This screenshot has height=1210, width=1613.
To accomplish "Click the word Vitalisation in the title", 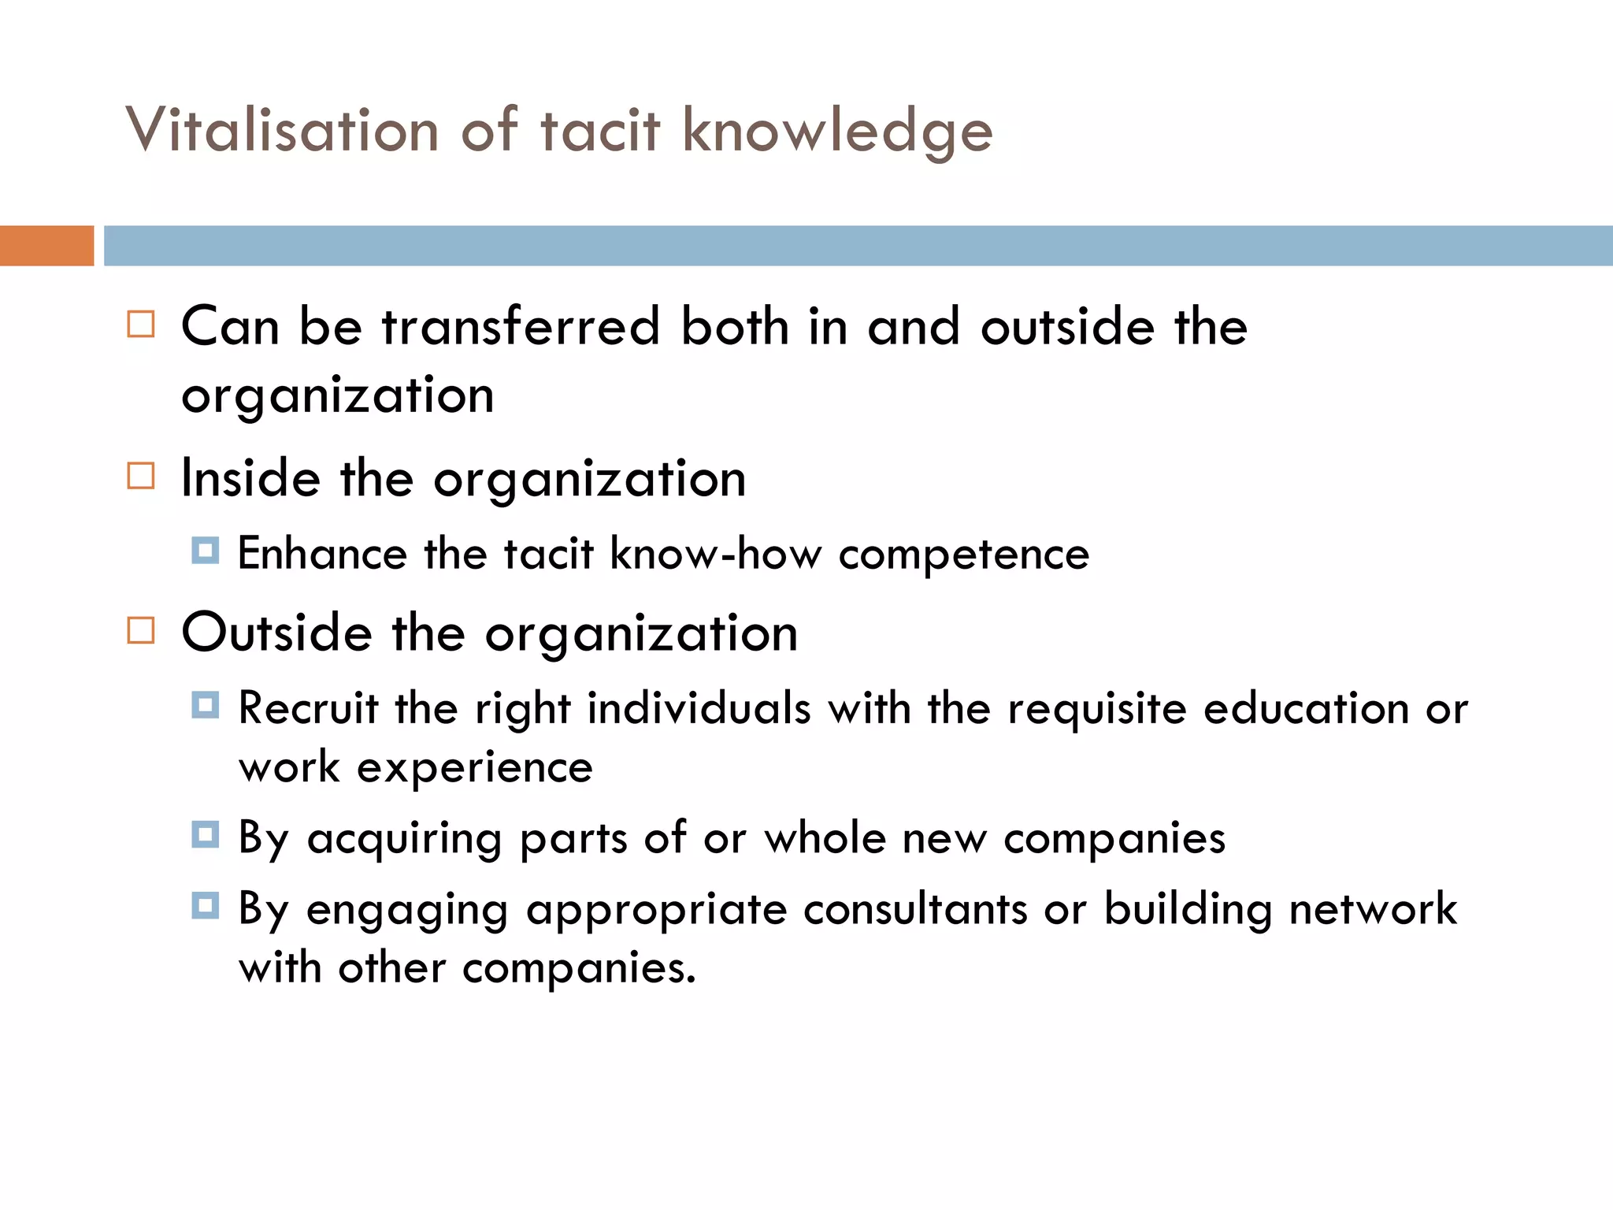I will tap(282, 130).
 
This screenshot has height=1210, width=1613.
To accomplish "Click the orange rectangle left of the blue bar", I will tap(46, 246).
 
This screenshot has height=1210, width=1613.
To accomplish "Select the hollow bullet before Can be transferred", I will tap(141, 325).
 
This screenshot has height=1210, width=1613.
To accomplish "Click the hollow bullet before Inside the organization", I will tap(141, 476).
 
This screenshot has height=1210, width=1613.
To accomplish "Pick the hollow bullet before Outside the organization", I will tap(141, 630).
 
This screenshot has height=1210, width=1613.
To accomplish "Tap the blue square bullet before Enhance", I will tap(206, 550).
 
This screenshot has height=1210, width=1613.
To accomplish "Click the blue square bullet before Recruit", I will tap(206, 704).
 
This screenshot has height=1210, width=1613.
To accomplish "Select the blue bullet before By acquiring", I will tap(206, 834).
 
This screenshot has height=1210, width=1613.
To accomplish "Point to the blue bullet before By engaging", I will tap(206, 905).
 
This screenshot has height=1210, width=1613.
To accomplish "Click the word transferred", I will tap(521, 326).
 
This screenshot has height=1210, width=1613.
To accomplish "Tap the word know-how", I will tap(715, 553).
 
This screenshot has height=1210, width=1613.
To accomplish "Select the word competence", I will tap(963, 555).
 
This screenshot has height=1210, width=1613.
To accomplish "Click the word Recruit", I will tap(308, 707).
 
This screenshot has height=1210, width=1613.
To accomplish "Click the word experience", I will tap(474, 767).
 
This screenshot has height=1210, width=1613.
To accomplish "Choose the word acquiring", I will tap(404, 838).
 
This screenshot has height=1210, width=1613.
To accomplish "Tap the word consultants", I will tap(915, 909).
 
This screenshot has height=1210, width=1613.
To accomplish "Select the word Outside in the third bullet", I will tap(276, 633).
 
